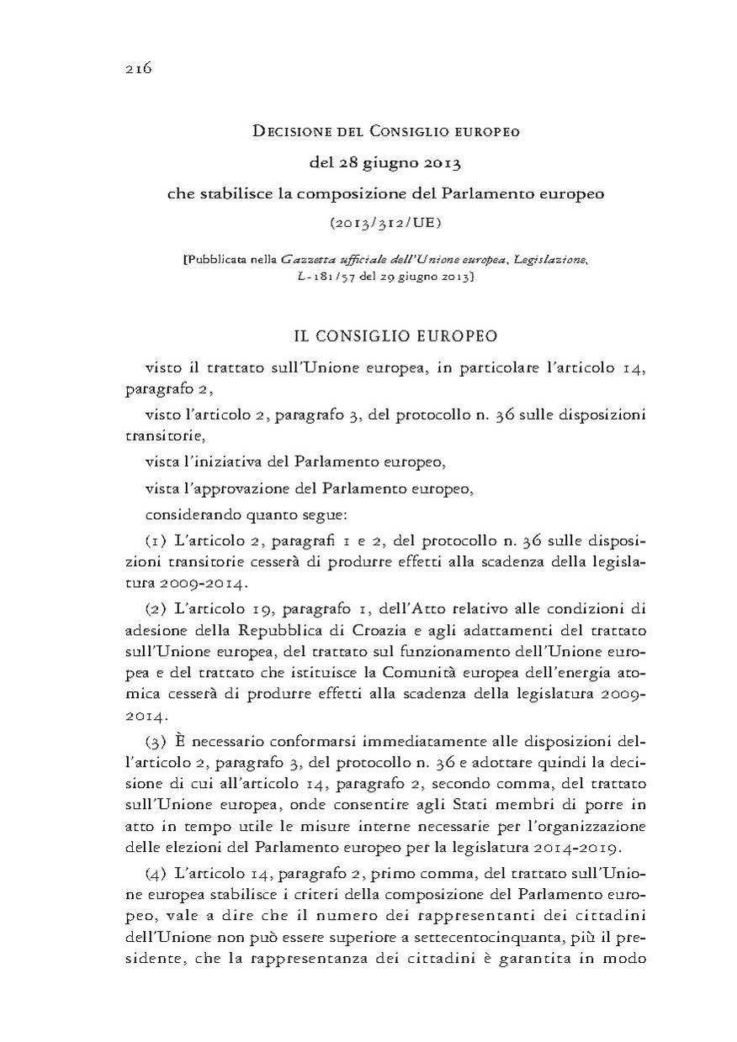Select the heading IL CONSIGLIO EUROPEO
coord(395,336)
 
